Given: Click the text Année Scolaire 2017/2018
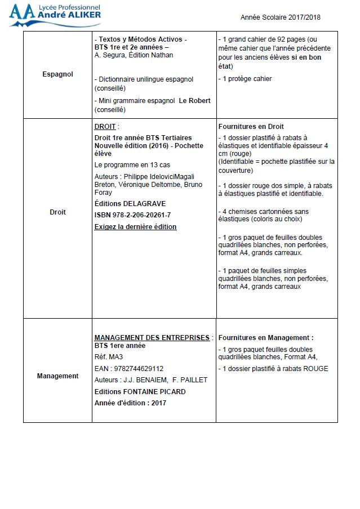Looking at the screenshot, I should pyautogui.click(x=281, y=17).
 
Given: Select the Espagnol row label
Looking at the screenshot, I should pyautogui.click(x=57, y=74).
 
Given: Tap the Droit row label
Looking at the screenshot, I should pyautogui.click(x=57, y=212).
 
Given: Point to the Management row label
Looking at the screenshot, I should pyautogui.click(x=57, y=376).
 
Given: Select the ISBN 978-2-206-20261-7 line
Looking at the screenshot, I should pyautogui.click(x=132, y=215).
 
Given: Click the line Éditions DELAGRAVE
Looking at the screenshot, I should pyautogui.click(x=130, y=204).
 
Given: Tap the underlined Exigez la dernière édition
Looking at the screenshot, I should pyautogui.click(x=135, y=227).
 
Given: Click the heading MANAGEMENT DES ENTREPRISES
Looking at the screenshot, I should pyautogui.click(x=152, y=338).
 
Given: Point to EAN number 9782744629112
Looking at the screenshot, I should pyautogui.click(x=129, y=369).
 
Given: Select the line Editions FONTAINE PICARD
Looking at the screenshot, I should pyautogui.click(x=140, y=391).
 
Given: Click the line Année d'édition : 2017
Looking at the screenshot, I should pyautogui.click(x=130, y=403).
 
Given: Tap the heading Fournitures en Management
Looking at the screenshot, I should pyautogui.click(x=265, y=338).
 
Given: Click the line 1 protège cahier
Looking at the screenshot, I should pyautogui.click(x=245, y=79).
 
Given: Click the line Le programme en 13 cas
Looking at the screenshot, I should pyautogui.click(x=132, y=165).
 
